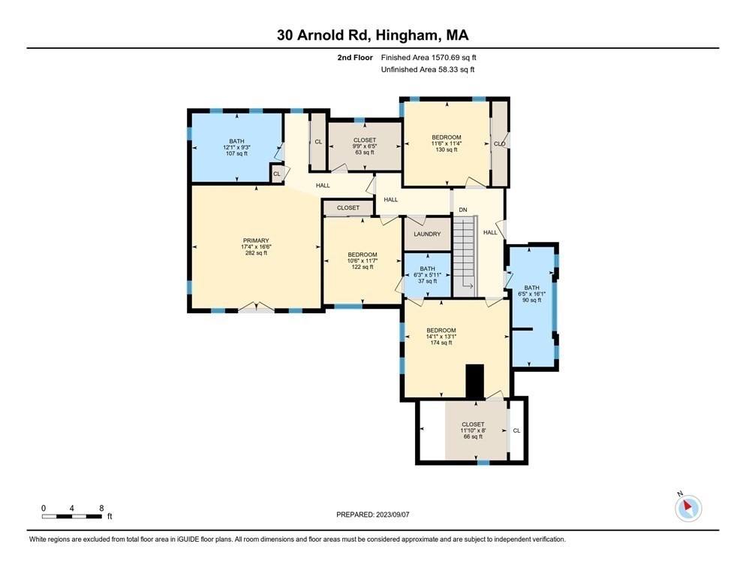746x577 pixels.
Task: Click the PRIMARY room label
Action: point(256,240)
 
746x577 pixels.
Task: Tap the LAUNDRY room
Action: point(427,234)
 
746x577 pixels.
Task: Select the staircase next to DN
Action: point(465,256)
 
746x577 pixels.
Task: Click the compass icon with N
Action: point(688,508)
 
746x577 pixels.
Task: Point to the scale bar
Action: point(72,516)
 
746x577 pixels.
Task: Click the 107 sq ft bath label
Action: point(236,147)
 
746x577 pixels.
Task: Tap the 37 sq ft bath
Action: point(427,275)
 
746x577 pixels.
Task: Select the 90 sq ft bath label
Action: point(531,294)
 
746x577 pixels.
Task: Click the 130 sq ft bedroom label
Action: point(447,143)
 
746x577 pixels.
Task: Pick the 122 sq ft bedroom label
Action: point(362,261)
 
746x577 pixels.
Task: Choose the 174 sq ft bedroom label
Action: point(441,337)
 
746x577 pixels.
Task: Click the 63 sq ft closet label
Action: point(365,147)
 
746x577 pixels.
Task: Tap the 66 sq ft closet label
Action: point(473,430)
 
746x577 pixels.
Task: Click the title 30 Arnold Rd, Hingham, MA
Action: point(373,35)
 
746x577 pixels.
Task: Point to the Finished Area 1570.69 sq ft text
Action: point(429,58)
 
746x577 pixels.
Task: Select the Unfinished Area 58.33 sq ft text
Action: point(428,70)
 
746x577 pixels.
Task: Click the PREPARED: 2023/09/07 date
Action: point(372,515)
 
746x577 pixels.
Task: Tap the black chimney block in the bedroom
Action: point(474,381)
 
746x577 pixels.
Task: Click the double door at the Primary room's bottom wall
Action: point(256,307)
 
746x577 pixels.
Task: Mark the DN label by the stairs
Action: point(463,210)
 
